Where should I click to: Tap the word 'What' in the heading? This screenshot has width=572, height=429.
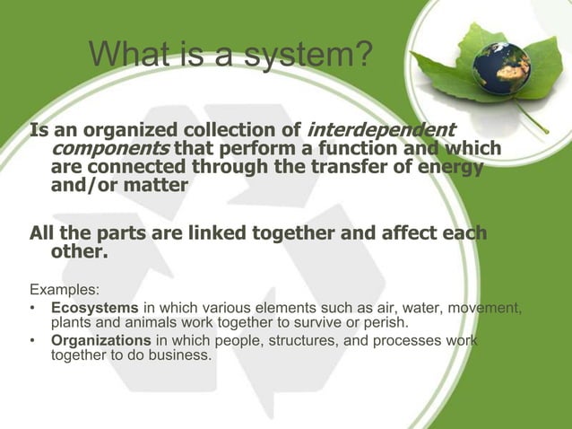coord(127,57)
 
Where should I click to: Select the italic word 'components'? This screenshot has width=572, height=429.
coord(111,149)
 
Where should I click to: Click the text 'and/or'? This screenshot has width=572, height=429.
coord(85,186)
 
